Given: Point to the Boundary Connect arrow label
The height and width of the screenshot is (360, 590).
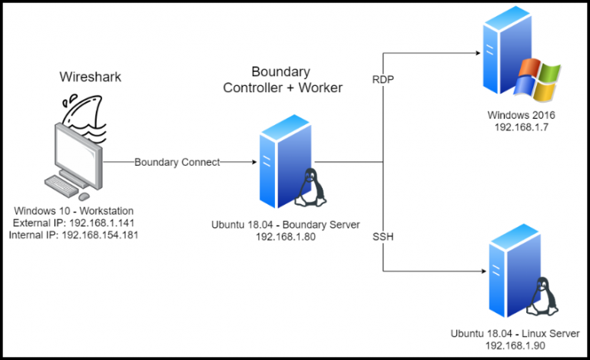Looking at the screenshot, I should pos(177,163).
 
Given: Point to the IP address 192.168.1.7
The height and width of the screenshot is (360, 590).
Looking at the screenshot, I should pos(520,128).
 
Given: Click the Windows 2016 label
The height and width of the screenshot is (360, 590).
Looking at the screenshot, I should pos(520,116).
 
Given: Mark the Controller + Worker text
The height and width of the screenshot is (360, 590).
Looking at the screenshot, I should pos(282,88).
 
